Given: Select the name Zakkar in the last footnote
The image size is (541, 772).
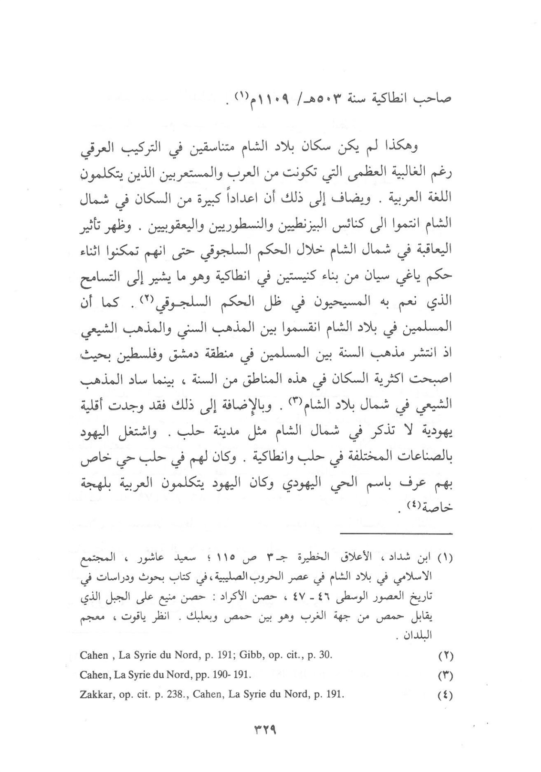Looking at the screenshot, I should pos(95,695).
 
